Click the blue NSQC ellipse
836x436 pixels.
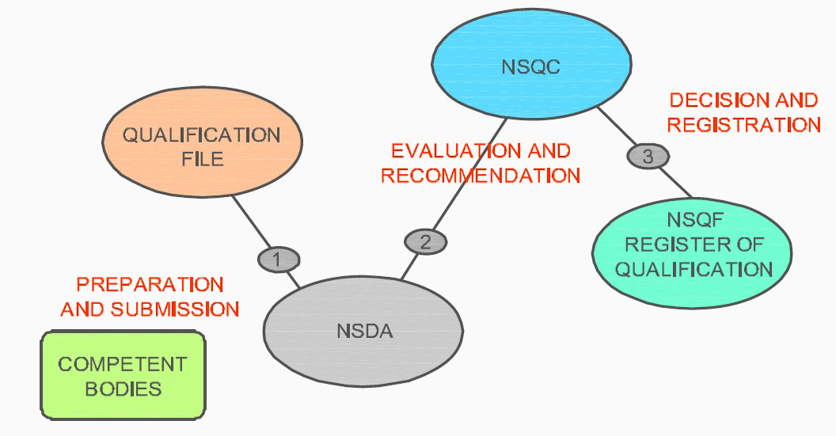pos(530,47)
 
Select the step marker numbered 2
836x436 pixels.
pos(425,241)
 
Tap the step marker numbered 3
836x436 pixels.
pos(648,157)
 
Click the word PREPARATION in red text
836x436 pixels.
pos(150,284)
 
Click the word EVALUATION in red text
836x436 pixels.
pos(448,150)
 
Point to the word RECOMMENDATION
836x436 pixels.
pos(481,175)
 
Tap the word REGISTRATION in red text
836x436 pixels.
pos(743,125)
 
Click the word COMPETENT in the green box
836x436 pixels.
pos(123,364)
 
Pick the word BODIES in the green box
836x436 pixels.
pos(123,389)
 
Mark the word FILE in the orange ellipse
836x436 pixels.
pos(202,158)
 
